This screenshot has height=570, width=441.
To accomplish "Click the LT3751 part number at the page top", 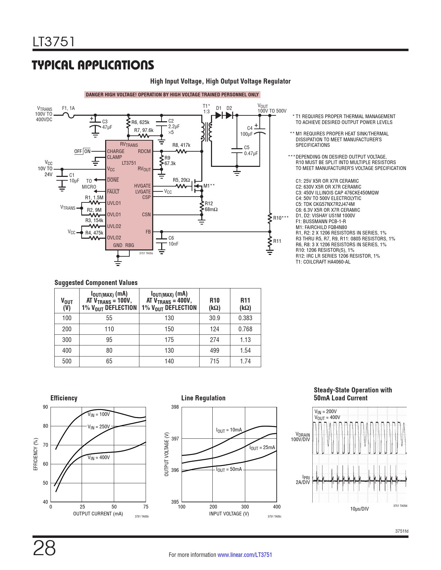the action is click(54, 42).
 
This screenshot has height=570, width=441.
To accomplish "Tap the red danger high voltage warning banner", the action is click(172, 95).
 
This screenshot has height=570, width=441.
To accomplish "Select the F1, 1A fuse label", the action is click(68, 108).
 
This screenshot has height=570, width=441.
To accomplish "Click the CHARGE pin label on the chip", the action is click(116, 151).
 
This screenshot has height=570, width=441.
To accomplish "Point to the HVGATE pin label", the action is click(143, 186).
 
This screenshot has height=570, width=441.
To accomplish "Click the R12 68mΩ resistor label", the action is click(211, 207).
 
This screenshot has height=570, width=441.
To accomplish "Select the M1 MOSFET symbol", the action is click(197, 187).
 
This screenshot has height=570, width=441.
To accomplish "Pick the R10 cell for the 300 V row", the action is click(214, 340).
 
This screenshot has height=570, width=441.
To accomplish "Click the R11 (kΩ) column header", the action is click(245, 304).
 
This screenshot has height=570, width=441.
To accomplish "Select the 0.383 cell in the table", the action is click(245, 318).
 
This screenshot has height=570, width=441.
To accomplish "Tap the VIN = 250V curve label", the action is click(99, 427).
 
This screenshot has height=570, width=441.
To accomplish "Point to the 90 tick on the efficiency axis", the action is click(45, 407).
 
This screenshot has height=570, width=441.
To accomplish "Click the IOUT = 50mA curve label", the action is click(229, 469).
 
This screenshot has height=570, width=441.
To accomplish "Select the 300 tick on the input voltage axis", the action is click(245, 507).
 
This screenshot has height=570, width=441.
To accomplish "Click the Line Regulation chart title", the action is click(203, 398).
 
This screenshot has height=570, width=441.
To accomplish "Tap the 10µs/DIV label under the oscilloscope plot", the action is click(359, 509).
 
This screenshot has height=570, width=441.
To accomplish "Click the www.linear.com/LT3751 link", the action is click(245, 555).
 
